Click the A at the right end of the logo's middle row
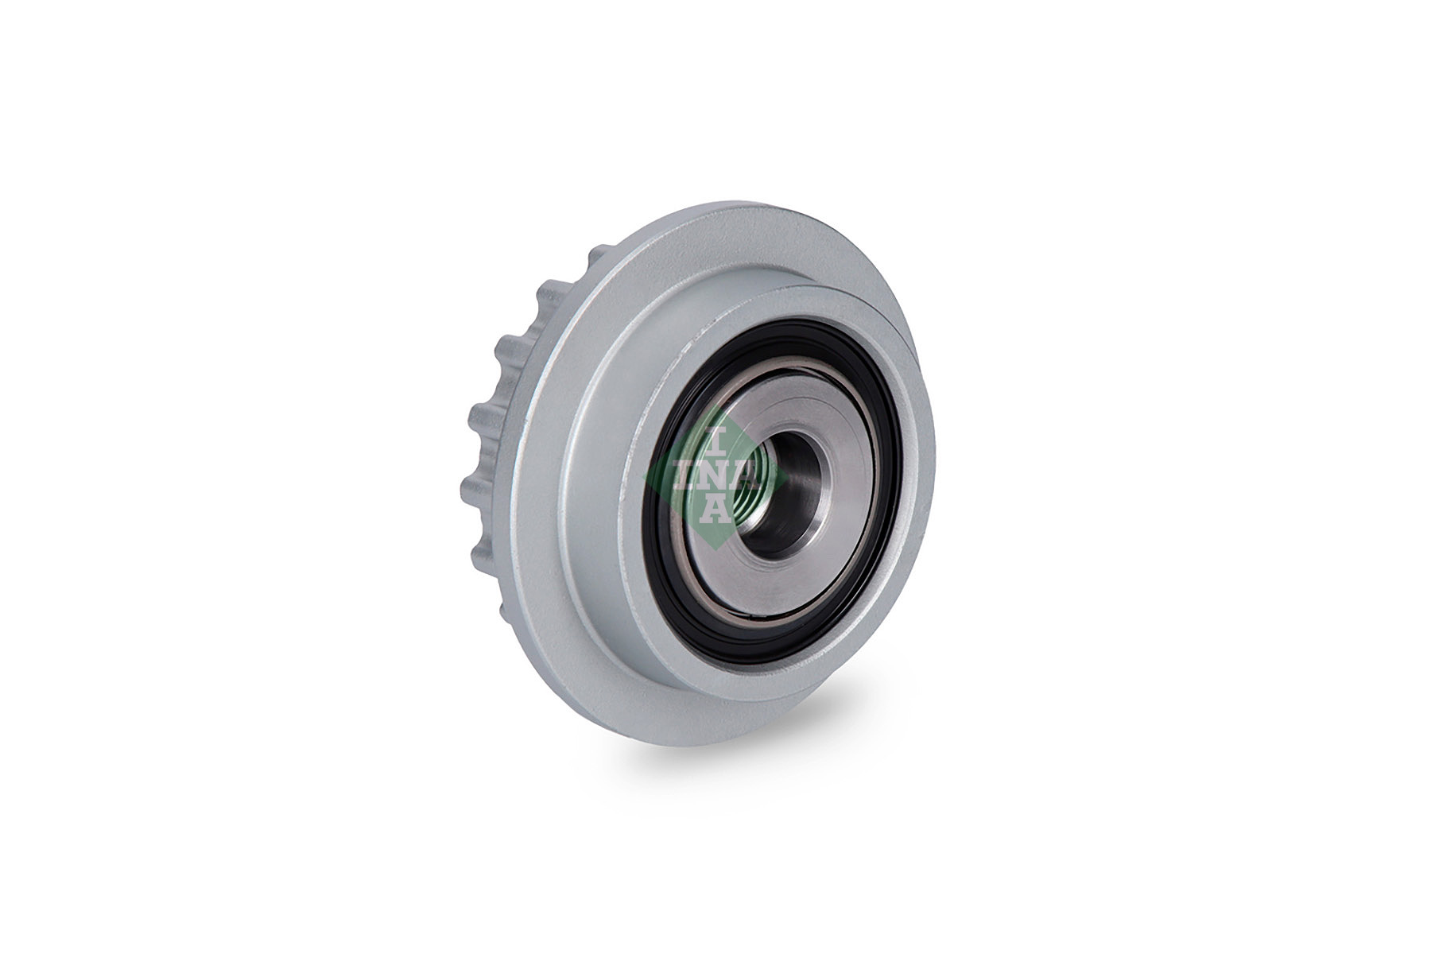pyautogui.click(x=745, y=475)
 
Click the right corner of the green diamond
pyautogui.click(x=787, y=475)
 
